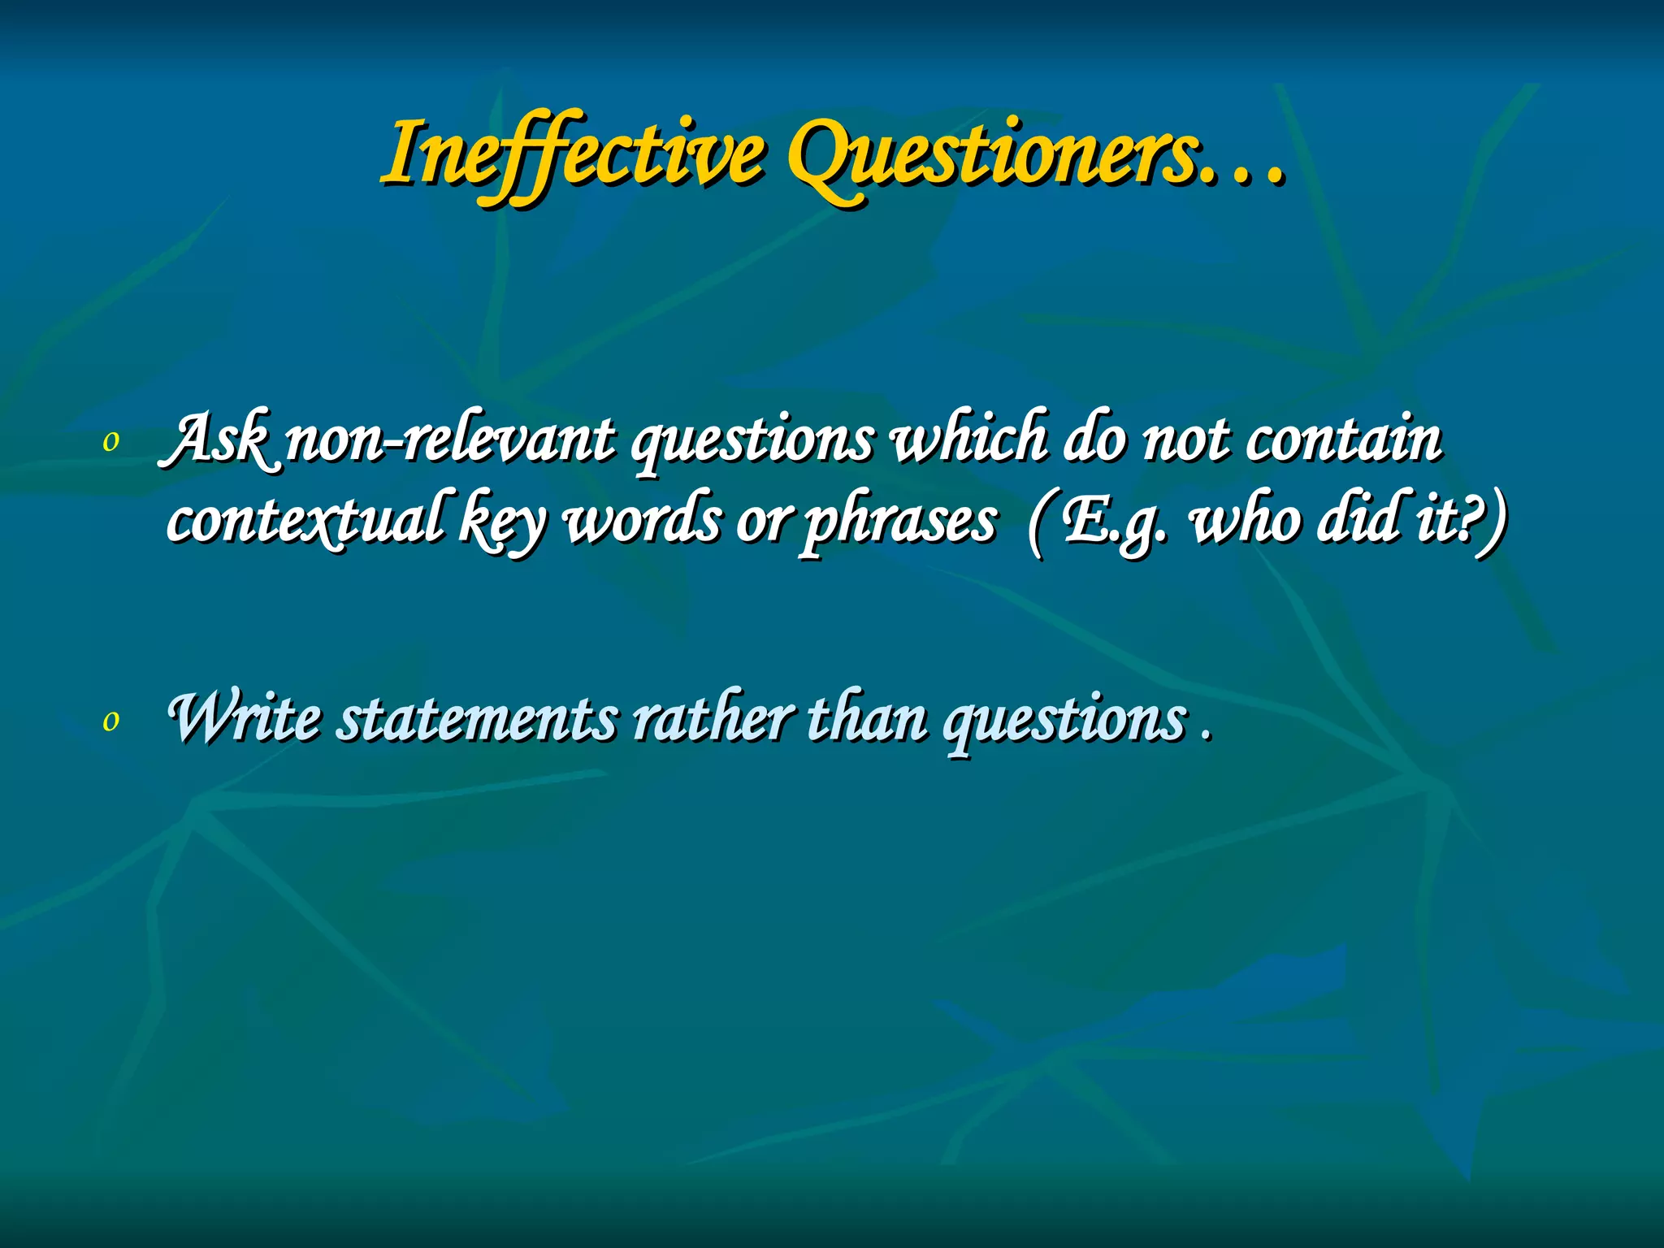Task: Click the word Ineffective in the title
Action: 573,154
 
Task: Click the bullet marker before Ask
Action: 111,441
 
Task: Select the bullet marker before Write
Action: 111,720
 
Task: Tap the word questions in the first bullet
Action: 752,443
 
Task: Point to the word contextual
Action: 305,520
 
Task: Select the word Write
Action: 244,717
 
